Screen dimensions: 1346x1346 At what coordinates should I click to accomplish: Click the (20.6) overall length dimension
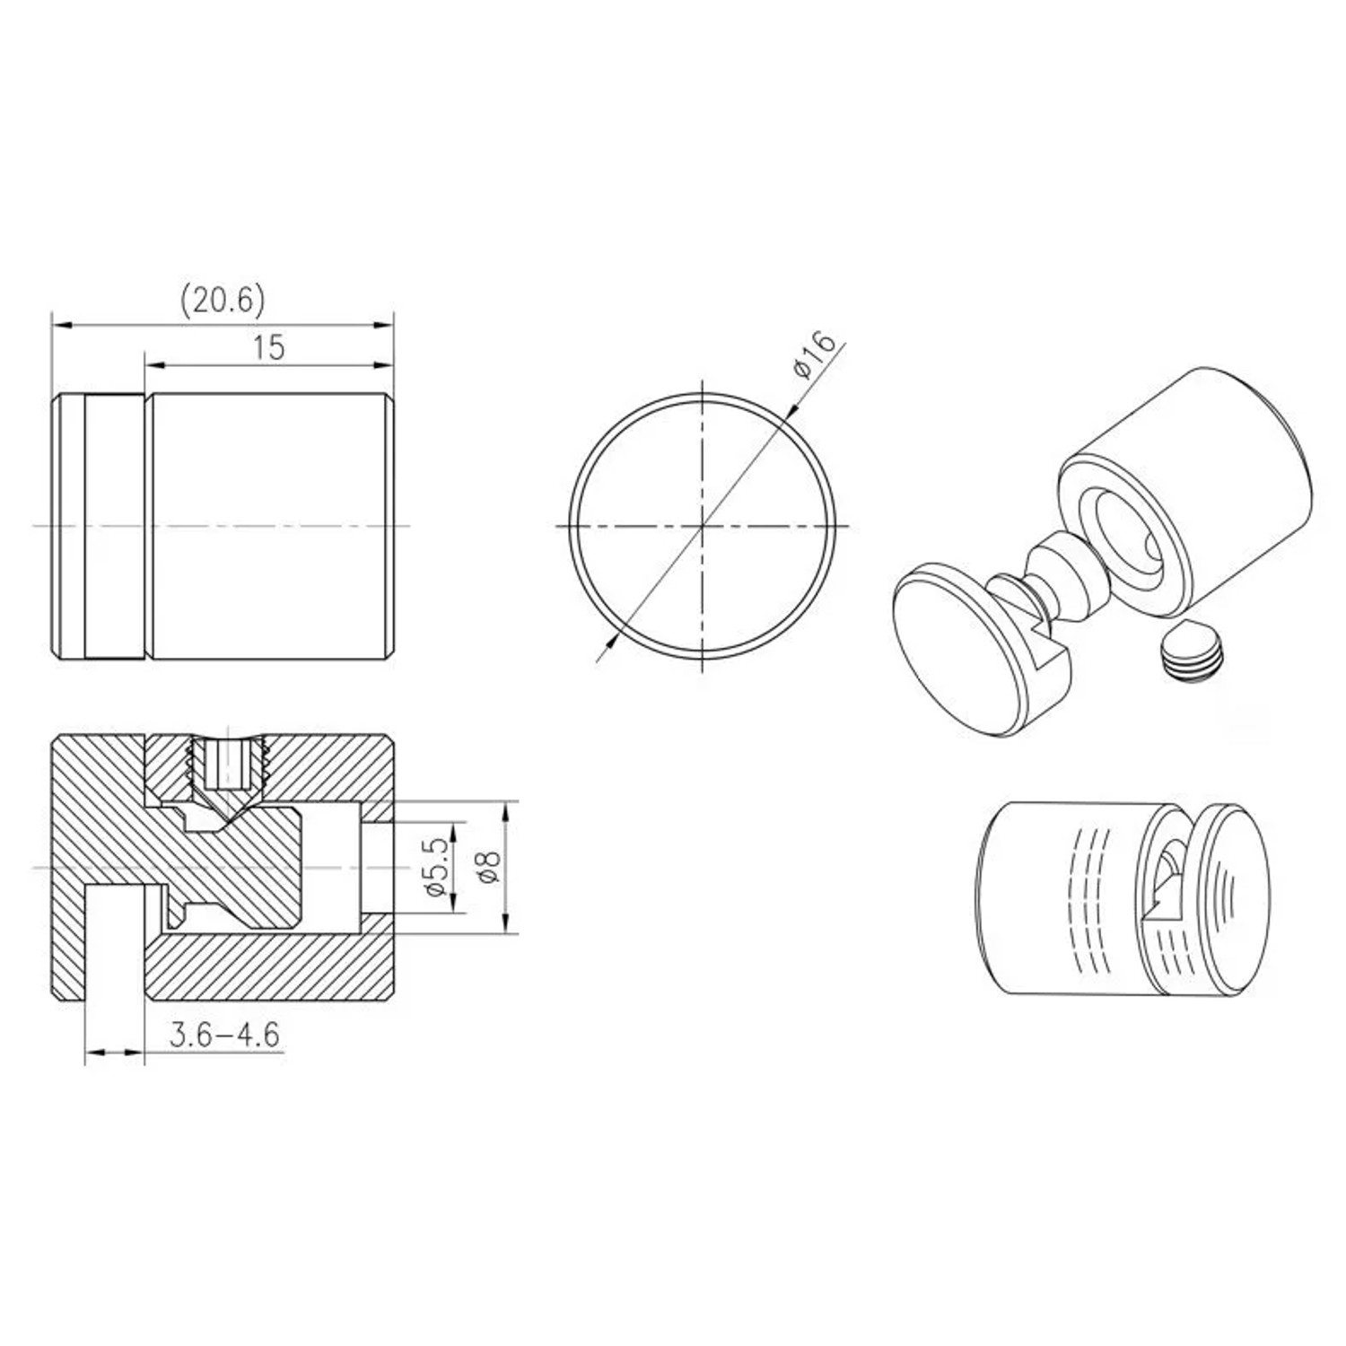(223, 301)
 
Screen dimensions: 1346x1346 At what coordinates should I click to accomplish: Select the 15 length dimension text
(268, 347)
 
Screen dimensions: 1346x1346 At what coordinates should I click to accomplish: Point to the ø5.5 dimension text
(435, 867)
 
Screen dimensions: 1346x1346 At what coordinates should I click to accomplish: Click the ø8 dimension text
(488, 867)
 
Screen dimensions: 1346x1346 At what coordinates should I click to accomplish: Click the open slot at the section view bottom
(115, 942)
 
